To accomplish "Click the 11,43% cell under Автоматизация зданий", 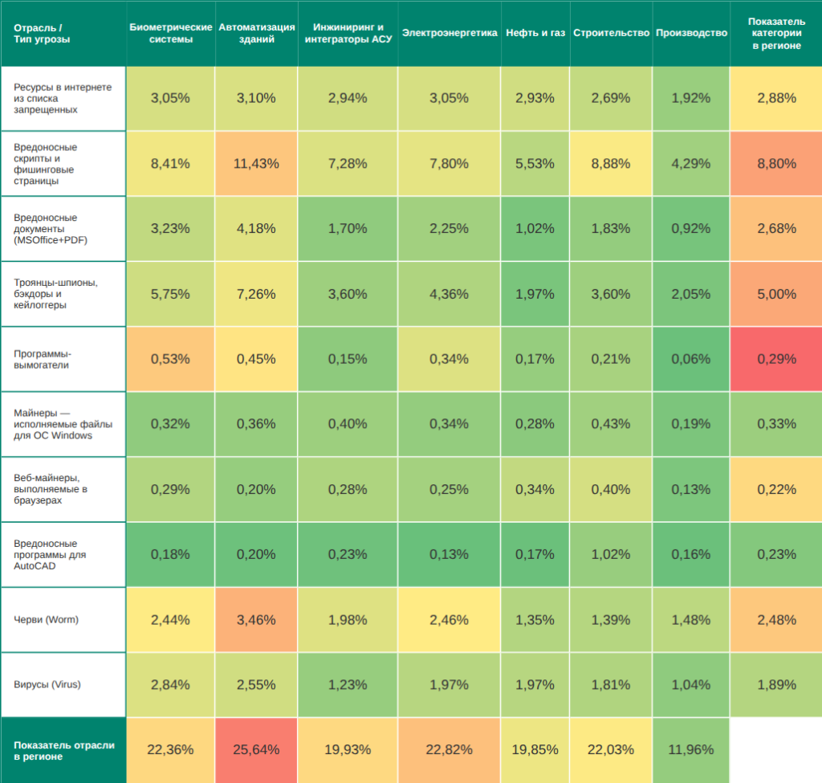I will [x=256, y=164].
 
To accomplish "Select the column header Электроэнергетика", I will [x=449, y=33].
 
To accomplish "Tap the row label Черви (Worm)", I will [x=46, y=619].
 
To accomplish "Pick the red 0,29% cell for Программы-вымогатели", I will [x=776, y=359].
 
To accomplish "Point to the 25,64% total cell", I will [x=256, y=750].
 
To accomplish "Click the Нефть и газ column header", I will [x=535, y=33].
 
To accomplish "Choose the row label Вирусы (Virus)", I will [x=47, y=685].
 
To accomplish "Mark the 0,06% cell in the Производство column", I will [x=690, y=359].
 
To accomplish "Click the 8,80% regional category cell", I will [x=776, y=164].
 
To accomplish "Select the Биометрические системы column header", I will [x=170, y=33].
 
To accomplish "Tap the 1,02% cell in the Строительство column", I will [x=610, y=554].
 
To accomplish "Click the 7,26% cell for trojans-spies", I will [x=256, y=294].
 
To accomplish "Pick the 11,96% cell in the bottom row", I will [x=690, y=750].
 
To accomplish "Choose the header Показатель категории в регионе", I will [x=776, y=33].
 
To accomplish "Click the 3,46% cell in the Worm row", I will [x=256, y=620].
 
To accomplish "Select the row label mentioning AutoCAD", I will [x=50, y=554].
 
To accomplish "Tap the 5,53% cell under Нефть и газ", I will [x=535, y=164].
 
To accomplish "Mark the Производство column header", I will [x=690, y=33].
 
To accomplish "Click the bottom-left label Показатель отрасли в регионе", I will [x=63, y=750].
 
